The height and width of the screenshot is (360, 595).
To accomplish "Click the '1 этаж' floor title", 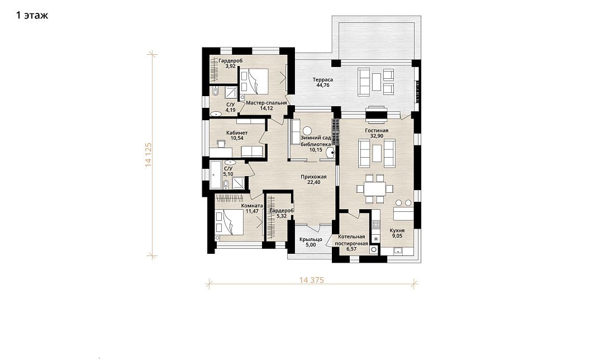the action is tap(32, 16).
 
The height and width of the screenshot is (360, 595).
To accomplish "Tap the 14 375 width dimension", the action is tap(312, 280).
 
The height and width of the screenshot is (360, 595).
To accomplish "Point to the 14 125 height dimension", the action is tap(149, 155).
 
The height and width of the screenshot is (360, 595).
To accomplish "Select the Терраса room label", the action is tap(323, 80).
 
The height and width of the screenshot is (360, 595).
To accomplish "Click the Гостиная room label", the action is tap(377, 131).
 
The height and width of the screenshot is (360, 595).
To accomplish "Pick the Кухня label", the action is tap(397, 230).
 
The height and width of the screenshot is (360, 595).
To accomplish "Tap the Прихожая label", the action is tap(313, 177).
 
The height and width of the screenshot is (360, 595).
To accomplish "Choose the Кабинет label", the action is tap(237, 133).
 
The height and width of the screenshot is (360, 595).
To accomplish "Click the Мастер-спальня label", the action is tap(266, 103).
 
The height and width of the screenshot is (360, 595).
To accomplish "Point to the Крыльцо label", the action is tap(311, 240).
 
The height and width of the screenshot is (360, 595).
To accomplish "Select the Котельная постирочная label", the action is tap(352, 240).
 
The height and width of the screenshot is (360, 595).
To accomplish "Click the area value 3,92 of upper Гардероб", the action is tap(230, 66).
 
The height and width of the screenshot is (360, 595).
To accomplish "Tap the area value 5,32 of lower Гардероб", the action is tap(282, 216).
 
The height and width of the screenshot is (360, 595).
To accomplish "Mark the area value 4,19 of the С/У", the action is tap(230, 110).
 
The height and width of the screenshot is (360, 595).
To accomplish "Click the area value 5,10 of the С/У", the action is tap(228, 174).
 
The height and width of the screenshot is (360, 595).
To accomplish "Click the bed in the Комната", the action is tap(229, 222).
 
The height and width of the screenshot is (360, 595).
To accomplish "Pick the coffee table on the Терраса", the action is tap(377, 82).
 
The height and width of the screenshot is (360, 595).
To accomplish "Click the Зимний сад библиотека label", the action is tap(316, 144).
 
